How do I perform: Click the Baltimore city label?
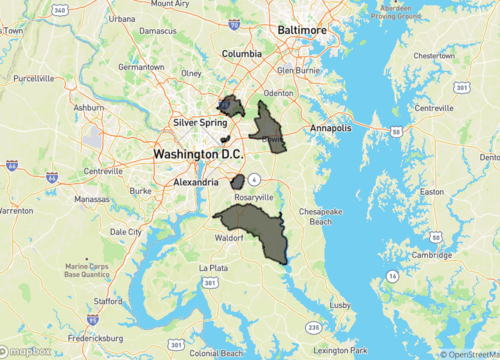pyautogui.click(x=302, y=31)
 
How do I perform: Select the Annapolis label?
pyautogui.click(x=331, y=129)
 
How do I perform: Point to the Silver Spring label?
pyautogui.click(x=195, y=122)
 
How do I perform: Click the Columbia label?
pyautogui.click(x=240, y=54)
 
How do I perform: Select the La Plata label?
pyautogui.click(x=214, y=268)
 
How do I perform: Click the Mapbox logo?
pyautogui.click(x=26, y=351)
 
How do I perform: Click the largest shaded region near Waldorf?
pyautogui.click(x=256, y=230)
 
